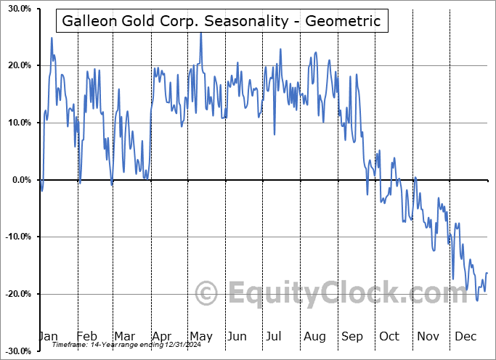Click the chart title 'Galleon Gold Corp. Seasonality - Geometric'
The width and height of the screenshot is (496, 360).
coord(221,21)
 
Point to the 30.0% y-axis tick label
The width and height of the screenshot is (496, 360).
coord(17,9)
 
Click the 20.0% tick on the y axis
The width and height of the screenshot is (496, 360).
coord(17,65)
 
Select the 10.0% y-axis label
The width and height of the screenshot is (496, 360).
coord(17,123)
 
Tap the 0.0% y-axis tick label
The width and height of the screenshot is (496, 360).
coord(19,179)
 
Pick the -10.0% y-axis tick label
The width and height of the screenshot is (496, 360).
coord(16,237)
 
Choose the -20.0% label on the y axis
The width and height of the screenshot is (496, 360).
coord(16,293)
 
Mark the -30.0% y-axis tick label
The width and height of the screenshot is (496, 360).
coord(16,351)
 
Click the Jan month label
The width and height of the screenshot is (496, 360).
coord(48,336)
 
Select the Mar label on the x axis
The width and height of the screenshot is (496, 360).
coord(124,336)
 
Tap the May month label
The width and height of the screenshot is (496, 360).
coord(200,336)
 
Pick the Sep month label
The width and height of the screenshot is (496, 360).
coord(351,336)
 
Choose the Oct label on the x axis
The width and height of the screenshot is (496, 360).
coord(389,336)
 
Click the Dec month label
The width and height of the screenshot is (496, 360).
coord(465,336)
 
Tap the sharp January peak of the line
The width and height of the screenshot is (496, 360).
coord(52,38)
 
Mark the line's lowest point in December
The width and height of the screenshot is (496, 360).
coord(477,300)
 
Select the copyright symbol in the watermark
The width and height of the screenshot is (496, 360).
coord(207,293)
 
